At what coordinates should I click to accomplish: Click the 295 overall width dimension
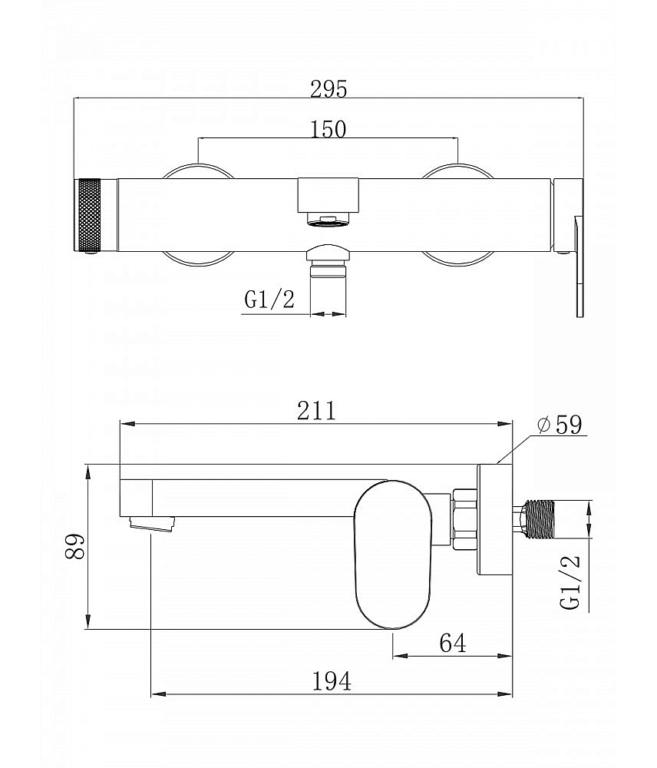328,89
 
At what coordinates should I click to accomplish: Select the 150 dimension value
328,129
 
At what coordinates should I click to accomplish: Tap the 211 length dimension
317,410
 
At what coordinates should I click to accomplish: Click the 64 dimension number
453,643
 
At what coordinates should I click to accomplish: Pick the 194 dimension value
332,681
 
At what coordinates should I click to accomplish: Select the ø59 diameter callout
560,424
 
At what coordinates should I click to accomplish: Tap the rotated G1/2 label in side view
570,582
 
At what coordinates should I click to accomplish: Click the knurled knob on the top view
87,215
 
